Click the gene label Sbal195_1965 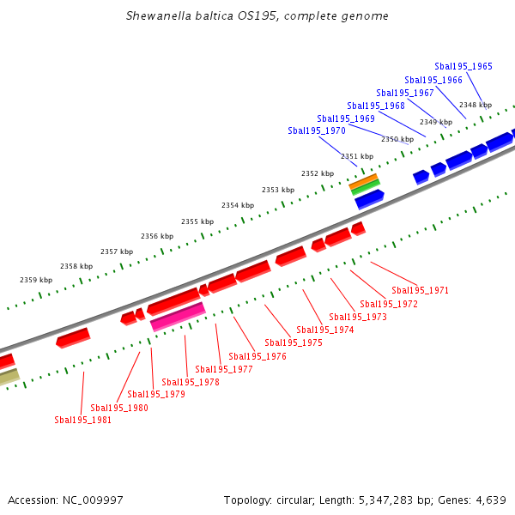pyautogui.click(x=463, y=66)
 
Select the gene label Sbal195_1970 pyautogui.click(x=317, y=131)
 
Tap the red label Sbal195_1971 pyautogui.click(x=420, y=290)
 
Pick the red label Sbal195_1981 pyautogui.click(x=83, y=420)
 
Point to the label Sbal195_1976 pyautogui.click(x=257, y=356)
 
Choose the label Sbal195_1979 pyautogui.click(x=156, y=395)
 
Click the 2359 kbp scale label pyautogui.click(x=36, y=280)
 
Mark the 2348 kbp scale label pyautogui.click(x=476, y=105)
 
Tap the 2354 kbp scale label pyautogui.click(x=238, y=205)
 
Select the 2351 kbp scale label pyautogui.click(x=357, y=156)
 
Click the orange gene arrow pyautogui.click(x=363, y=179)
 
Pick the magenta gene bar pyautogui.click(x=178, y=317)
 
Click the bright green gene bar pyautogui.click(x=366, y=186)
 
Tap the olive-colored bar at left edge pyautogui.click(x=9, y=377)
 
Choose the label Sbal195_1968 pyautogui.click(x=376, y=106)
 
